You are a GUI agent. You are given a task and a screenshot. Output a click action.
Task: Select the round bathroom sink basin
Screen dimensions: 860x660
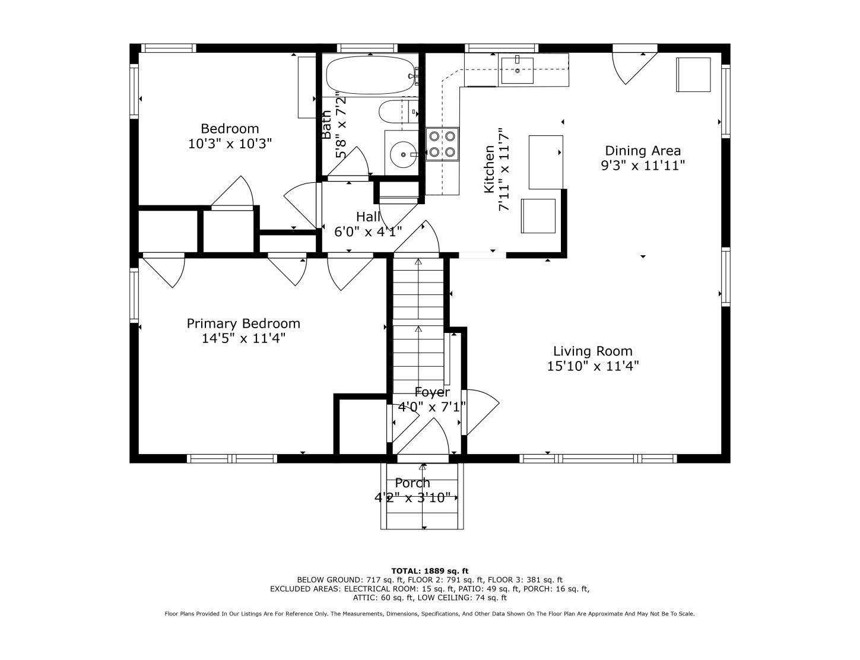click(402, 154)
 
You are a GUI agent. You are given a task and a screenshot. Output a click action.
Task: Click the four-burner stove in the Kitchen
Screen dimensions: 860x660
click(442, 144)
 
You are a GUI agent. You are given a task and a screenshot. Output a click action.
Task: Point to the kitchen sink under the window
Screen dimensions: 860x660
click(518, 71)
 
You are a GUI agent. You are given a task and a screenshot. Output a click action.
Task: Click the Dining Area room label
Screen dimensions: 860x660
click(643, 151)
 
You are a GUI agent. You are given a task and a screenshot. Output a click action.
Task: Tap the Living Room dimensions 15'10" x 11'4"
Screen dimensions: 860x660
click(592, 366)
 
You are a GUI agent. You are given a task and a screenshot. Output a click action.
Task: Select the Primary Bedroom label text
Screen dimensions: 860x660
click(243, 323)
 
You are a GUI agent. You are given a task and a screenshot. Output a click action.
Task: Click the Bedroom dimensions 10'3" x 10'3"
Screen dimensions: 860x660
click(230, 143)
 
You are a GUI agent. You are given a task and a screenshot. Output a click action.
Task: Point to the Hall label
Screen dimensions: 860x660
click(368, 217)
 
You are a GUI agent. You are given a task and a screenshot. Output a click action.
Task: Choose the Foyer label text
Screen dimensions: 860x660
click(432, 392)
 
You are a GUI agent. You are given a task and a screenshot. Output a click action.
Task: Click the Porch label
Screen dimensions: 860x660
click(412, 483)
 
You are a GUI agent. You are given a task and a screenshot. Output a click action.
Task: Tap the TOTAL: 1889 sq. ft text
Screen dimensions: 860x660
click(430, 570)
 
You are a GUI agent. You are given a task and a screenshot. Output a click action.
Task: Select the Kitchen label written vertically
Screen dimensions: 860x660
click(490, 169)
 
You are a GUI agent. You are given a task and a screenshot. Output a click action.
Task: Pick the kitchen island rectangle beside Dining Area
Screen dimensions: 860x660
click(546, 162)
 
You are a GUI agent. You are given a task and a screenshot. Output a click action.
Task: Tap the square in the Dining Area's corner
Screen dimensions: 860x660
click(693, 75)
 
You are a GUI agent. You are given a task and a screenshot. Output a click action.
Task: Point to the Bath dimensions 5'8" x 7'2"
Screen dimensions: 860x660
click(341, 125)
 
